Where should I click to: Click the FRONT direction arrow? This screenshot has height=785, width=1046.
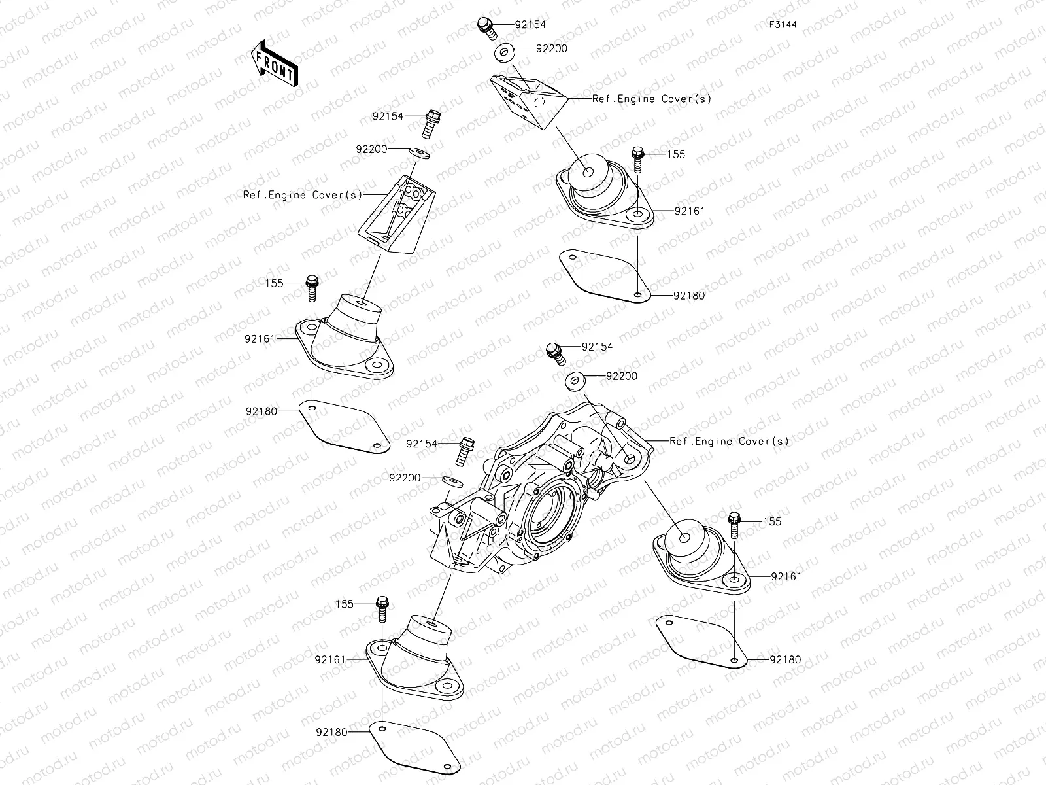click(x=274, y=63)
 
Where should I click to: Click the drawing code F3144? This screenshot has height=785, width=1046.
click(x=783, y=25)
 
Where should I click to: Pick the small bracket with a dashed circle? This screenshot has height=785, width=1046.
click(x=528, y=101)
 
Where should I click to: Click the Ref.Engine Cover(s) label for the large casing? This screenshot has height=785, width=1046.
click(x=729, y=442)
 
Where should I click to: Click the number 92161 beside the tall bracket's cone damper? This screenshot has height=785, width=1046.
click(x=260, y=339)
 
